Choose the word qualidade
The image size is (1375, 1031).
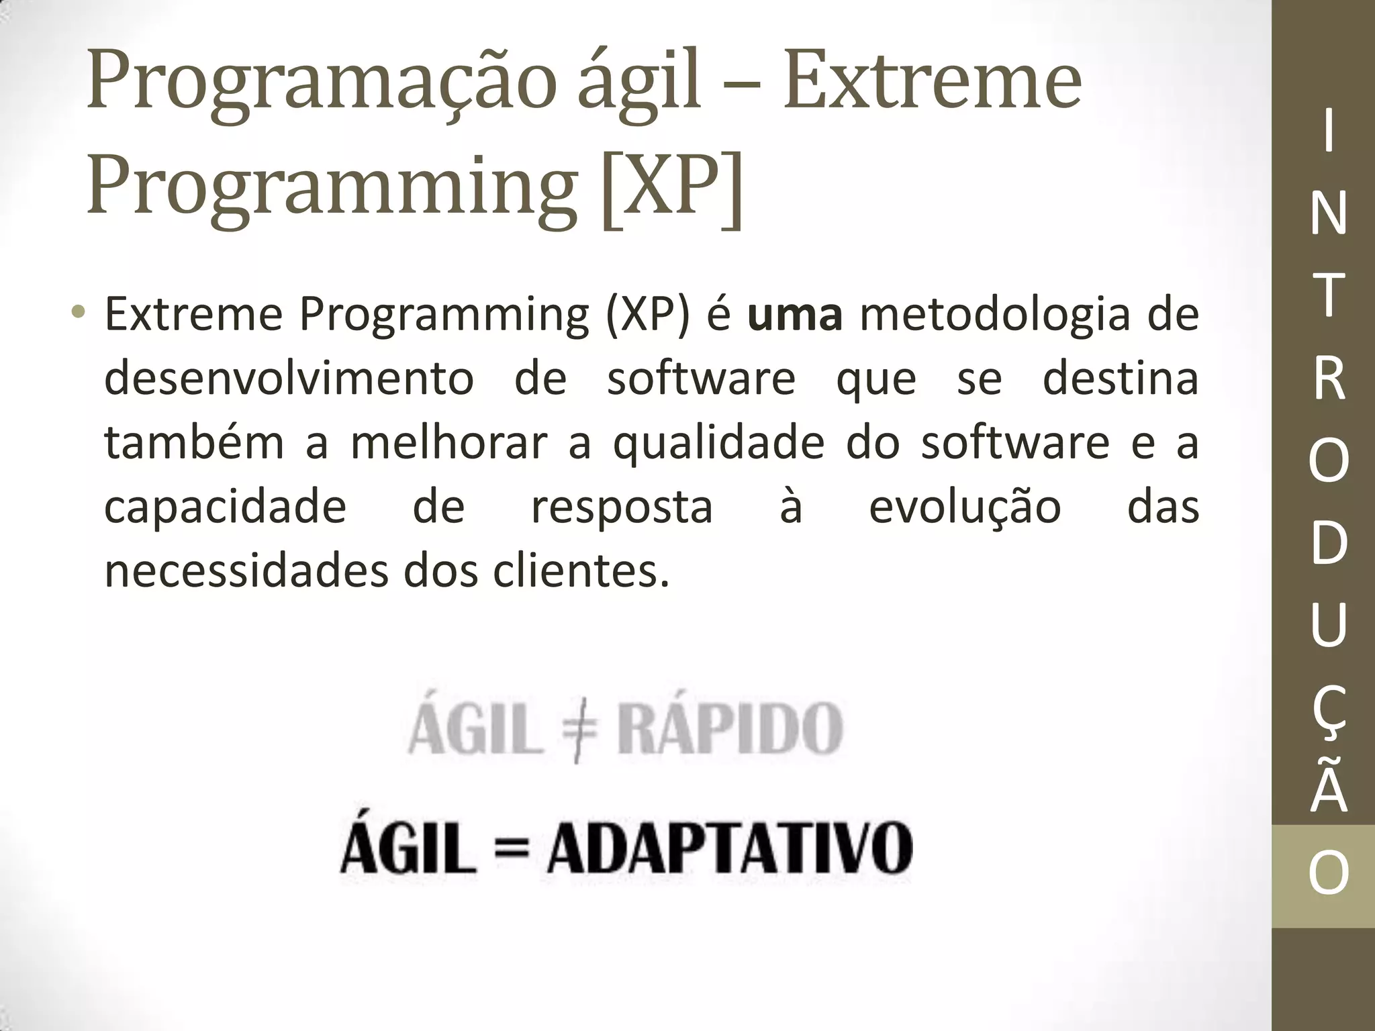(718, 444)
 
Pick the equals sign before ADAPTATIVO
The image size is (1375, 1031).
(510, 849)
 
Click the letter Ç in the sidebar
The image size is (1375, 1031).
(1328, 713)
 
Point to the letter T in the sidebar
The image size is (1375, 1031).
(1328, 295)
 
